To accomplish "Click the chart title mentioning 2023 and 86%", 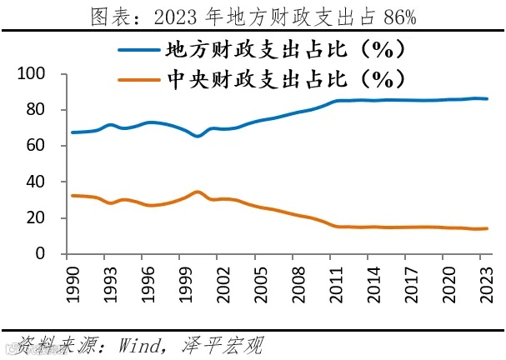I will pos(252,16).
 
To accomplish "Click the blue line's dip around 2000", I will pos(197,136).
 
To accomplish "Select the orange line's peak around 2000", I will pos(197,192).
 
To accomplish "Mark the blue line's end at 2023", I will pos(487,99).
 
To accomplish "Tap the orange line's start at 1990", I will pos(73,195).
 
